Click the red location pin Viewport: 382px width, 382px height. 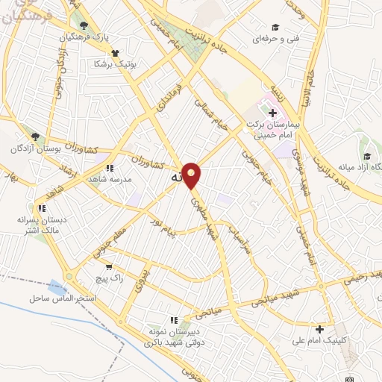click(192, 175)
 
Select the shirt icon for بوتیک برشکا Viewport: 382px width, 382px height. click(114, 53)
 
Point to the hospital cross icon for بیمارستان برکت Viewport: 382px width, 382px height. click(272, 112)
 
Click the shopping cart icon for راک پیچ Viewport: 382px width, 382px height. click(109, 266)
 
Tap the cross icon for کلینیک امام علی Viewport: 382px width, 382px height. click(319, 329)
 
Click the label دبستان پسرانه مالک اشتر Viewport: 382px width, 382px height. click(42, 225)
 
